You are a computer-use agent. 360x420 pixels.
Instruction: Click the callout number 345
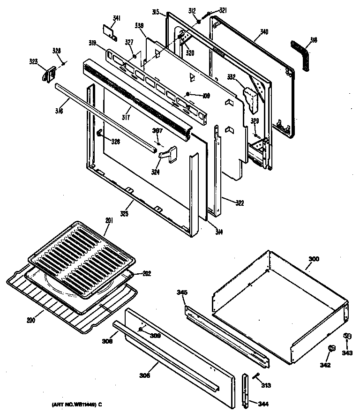(x=182, y=292)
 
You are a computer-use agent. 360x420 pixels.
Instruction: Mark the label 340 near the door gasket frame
(x=264, y=32)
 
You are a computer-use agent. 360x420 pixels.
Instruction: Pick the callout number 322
(x=239, y=203)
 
